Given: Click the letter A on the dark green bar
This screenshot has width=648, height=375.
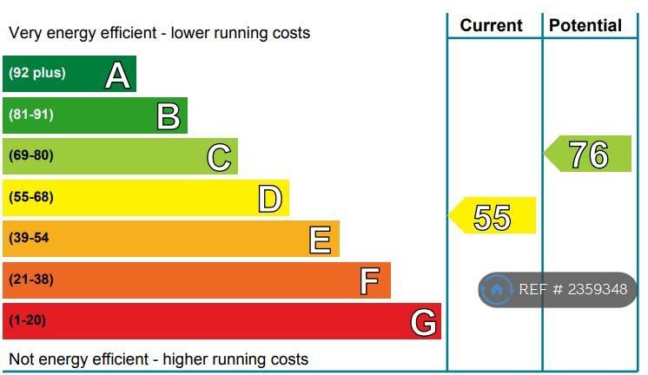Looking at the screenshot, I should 117,76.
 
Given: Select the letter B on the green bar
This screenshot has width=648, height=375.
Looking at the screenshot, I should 169,116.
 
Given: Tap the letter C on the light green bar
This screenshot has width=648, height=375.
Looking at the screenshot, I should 219,157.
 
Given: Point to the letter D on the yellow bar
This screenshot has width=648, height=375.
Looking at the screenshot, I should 270,199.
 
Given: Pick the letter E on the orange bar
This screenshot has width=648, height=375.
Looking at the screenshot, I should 321,240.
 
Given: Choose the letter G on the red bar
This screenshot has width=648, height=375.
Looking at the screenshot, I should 423,323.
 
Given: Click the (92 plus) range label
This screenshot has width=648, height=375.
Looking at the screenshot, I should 36,73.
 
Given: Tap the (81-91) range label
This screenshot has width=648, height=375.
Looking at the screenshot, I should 31,115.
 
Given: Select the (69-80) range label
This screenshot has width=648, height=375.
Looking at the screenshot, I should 31,156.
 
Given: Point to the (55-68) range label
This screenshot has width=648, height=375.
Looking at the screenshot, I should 31,197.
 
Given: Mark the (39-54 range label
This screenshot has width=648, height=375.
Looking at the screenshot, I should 29,238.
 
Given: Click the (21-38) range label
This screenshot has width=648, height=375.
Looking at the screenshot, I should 31,280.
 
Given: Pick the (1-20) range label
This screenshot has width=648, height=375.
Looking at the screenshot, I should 28,320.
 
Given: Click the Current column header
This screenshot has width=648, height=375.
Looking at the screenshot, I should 492,25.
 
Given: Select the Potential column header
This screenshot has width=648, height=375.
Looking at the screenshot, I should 585,25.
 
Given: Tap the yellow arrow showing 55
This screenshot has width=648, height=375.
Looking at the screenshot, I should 493,216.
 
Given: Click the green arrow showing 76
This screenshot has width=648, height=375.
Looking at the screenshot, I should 588,155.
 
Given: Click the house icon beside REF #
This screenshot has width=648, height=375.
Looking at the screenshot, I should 497,290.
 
